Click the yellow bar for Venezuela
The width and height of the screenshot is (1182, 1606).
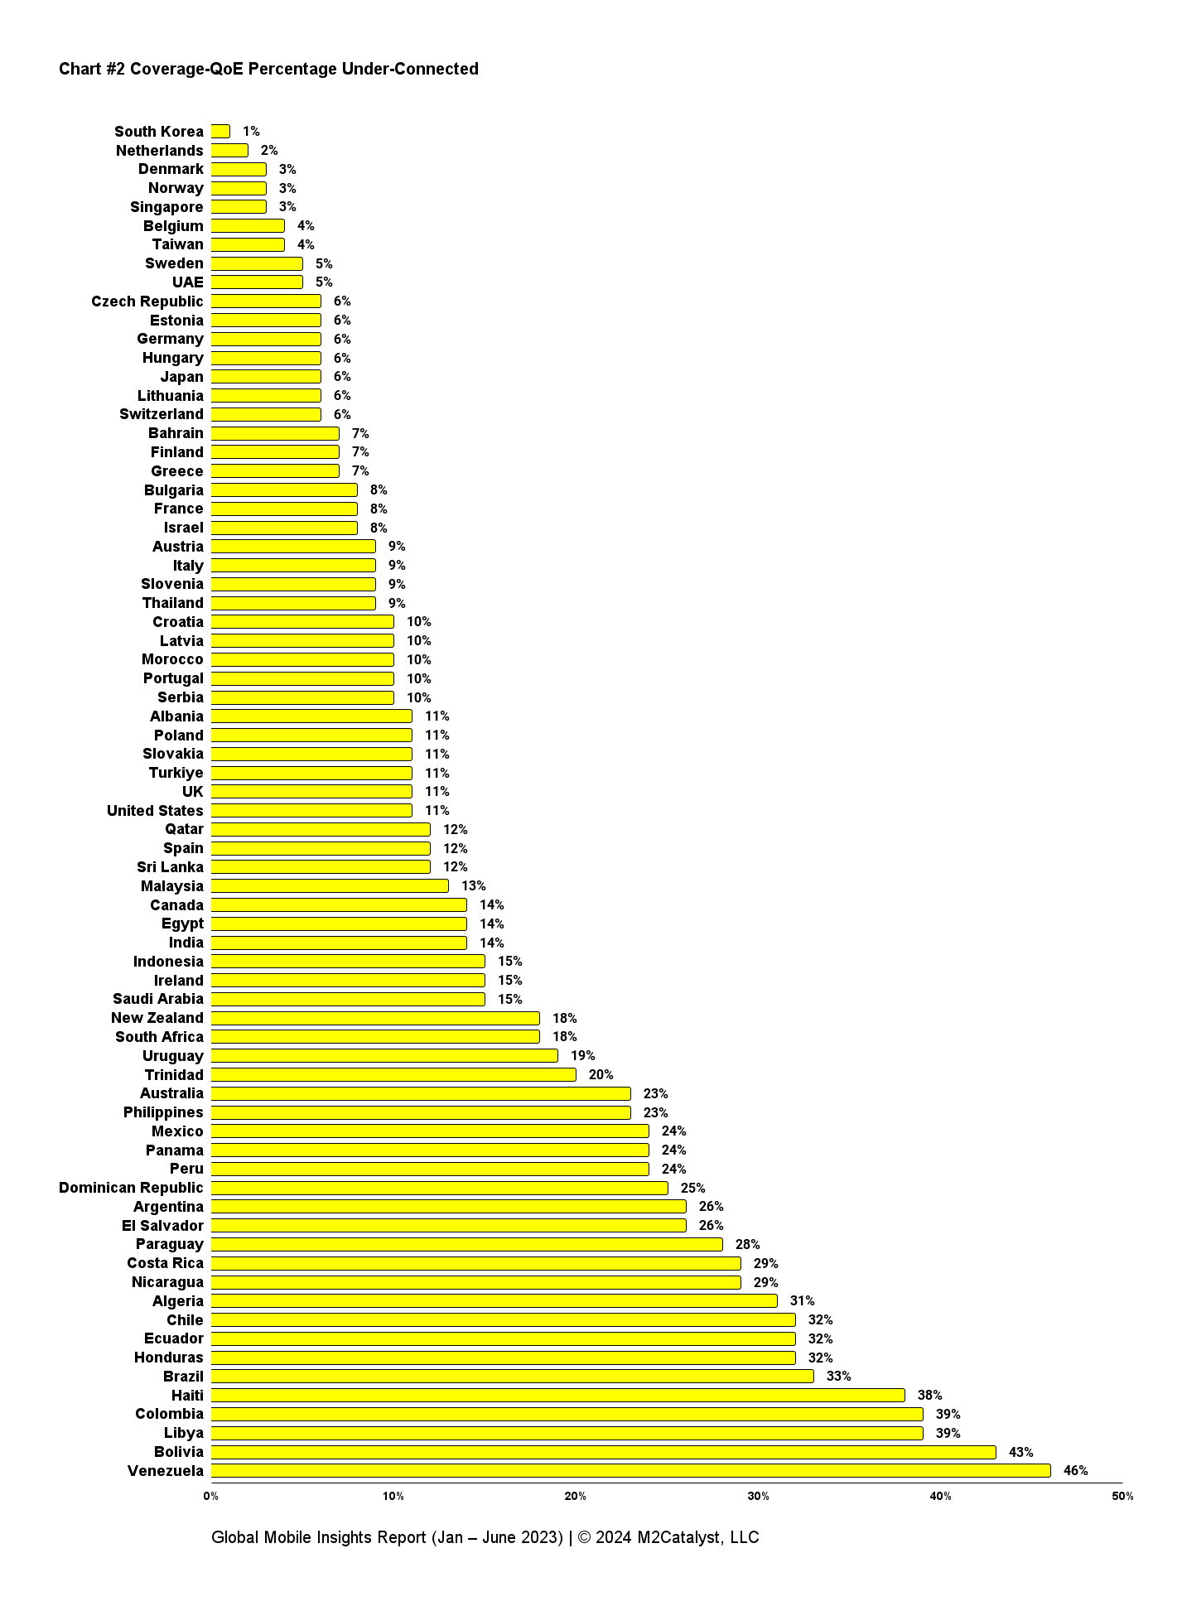pyautogui.click(x=630, y=1470)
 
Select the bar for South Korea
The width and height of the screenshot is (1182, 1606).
pyautogui.click(x=220, y=131)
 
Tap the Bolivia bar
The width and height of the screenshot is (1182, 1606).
pyautogui.click(x=603, y=1452)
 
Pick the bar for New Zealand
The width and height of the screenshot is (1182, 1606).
pyautogui.click(x=375, y=1018)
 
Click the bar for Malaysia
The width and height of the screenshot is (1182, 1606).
pyautogui.click(x=330, y=885)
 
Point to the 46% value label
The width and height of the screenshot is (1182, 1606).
pyautogui.click(x=1075, y=1470)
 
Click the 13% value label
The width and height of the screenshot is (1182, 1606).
pyautogui.click(x=474, y=885)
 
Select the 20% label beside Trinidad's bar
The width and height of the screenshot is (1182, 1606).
pyautogui.click(x=601, y=1074)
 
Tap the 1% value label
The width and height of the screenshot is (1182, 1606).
pyautogui.click(x=251, y=131)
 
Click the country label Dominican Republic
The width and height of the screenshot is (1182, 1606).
pyautogui.click(x=131, y=1188)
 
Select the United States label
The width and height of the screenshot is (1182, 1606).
pyautogui.click(x=155, y=810)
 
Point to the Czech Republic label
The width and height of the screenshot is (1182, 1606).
pyautogui.click(x=147, y=301)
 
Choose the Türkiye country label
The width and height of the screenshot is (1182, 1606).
pyautogui.click(x=176, y=773)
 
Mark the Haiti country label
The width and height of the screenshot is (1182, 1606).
pyautogui.click(x=187, y=1396)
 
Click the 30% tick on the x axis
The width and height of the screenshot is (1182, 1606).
pyautogui.click(x=758, y=1496)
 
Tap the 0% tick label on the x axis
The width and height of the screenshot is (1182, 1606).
pyautogui.click(x=211, y=1496)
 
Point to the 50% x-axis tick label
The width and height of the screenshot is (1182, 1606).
pyautogui.click(x=1122, y=1496)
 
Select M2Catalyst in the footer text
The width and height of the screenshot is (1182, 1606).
pyautogui.click(x=681, y=1537)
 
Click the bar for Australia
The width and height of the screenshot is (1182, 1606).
pyautogui.click(x=421, y=1093)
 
